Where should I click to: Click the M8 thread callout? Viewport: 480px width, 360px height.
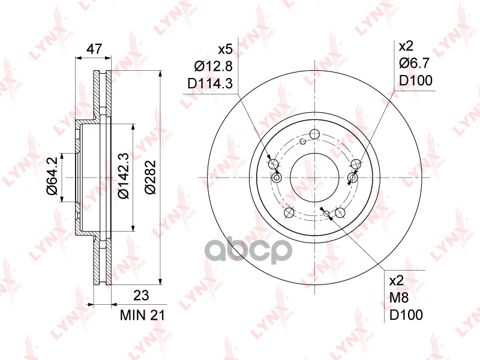pos(398,298)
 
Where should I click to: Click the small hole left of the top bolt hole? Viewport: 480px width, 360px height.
pos(304,142)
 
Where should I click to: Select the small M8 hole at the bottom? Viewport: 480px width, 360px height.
pos(326,213)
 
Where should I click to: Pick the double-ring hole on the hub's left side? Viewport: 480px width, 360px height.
pos(277,178)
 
